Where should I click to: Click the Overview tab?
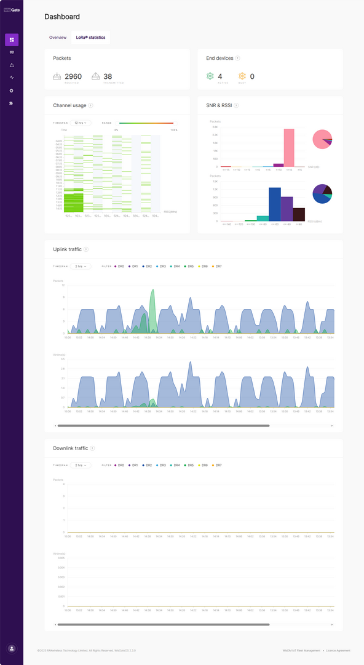coord(58,38)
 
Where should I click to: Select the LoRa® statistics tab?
coord(90,38)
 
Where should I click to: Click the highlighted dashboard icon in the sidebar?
coord(12,40)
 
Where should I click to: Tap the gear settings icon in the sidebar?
coord(12,91)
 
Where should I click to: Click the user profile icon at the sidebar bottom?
coord(12,648)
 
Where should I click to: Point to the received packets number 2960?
coord(73,76)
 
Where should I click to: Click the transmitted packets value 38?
coord(108,76)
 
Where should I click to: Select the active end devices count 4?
coord(220,76)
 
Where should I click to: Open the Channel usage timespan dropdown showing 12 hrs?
coord(81,123)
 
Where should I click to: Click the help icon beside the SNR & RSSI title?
coord(236,105)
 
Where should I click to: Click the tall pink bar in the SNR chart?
coord(288,148)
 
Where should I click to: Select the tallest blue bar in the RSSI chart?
coord(275,204)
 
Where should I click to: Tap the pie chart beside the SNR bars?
coord(322,139)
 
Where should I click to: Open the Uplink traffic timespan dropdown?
coord(81,267)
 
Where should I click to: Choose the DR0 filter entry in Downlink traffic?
coord(119,465)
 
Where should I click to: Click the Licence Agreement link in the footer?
coord(338,650)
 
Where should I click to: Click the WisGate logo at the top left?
coord(12,10)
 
